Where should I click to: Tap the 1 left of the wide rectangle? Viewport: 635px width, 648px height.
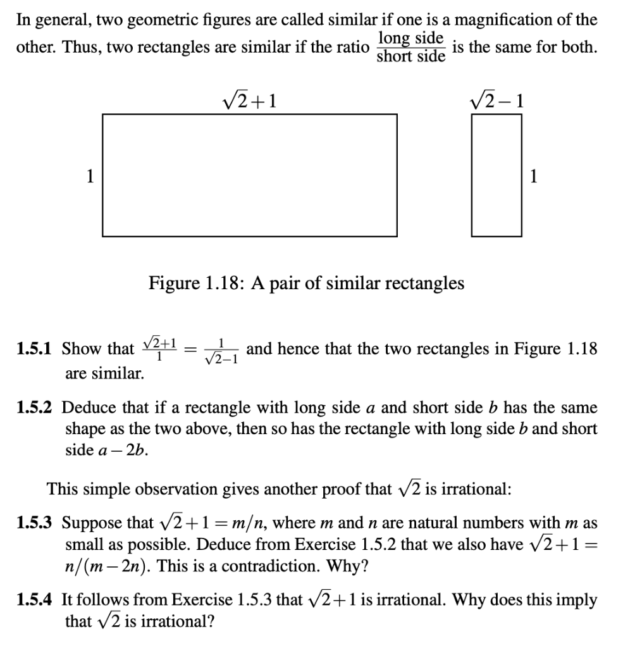(x=90, y=177)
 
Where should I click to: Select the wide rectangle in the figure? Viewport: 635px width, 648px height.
(x=250, y=175)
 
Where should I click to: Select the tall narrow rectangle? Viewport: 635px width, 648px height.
(x=497, y=175)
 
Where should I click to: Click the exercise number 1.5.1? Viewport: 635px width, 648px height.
(x=35, y=349)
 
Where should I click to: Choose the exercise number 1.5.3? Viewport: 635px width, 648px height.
(x=35, y=523)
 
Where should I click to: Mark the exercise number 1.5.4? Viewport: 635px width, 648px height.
(x=35, y=599)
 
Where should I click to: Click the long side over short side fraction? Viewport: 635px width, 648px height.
(x=410, y=47)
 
